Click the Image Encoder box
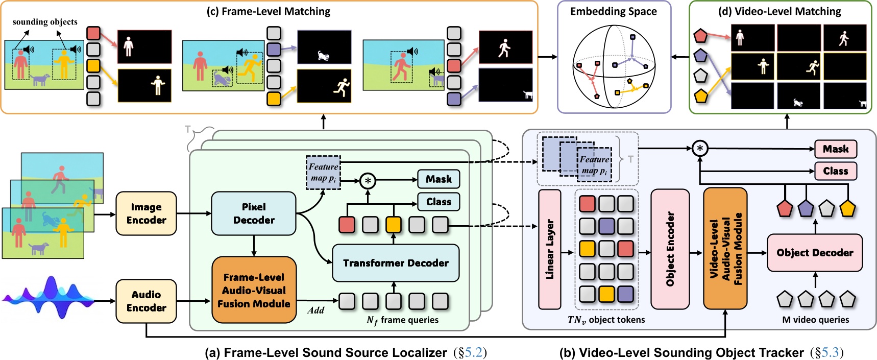point(146,213)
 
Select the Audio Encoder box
point(146,301)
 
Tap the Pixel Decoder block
point(254,213)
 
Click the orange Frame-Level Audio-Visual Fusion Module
point(254,290)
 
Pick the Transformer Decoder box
point(396,263)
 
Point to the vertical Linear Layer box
point(550,249)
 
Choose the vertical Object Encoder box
point(670,249)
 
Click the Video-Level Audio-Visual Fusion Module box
point(725,249)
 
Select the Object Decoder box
point(815,253)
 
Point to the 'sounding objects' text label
point(45,22)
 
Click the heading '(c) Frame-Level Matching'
point(269,11)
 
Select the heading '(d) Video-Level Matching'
point(779,11)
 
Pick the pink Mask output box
point(836,149)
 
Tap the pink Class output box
point(836,171)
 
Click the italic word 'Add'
point(315,310)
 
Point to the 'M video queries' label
point(815,320)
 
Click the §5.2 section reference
point(470,352)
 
